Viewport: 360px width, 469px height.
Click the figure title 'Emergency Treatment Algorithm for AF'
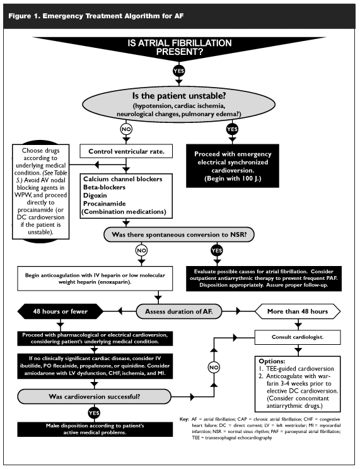pyautogui.click(x=113, y=16)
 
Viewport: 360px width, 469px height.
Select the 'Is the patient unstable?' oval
pyautogui.click(x=178, y=105)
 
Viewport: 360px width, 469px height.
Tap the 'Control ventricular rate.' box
pyautogui.click(x=126, y=151)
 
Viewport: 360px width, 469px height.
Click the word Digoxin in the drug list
pyautogui.click(x=95, y=195)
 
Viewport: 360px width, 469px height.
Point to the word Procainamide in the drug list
pyautogui.click(x=105, y=204)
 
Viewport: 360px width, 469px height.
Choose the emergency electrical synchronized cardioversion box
pyautogui.click(x=233, y=166)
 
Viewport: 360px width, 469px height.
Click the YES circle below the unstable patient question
pyautogui.click(x=232, y=129)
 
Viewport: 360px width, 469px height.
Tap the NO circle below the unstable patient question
pyautogui.click(x=126, y=129)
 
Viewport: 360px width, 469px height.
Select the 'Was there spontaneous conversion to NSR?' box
pyautogui.click(x=179, y=234)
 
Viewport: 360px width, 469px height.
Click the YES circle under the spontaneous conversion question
pyautogui.click(x=217, y=251)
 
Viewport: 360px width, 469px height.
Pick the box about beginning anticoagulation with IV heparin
pyautogui.click(x=95, y=279)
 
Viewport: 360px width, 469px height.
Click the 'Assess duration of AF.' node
pyautogui.click(x=179, y=311)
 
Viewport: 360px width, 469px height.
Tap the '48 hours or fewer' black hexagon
pyautogui.click(x=61, y=311)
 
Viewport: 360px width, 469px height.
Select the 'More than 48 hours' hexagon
pyautogui.click(x=298, y=311)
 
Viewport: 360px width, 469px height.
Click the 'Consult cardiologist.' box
pyautogui.click(x=298, y=337)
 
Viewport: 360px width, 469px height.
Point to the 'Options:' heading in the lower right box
pyautogui.click(x=272, y=361)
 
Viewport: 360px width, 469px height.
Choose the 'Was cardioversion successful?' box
pyautogui.click(x=95, y=397)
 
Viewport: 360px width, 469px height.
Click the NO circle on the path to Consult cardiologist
pyautogui.click(x=214, y=368)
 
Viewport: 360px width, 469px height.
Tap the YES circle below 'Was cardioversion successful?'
pyautogui.click(x=94, y=413)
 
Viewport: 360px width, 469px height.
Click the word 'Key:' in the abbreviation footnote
pyautogui.click(x=184, y=419)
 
